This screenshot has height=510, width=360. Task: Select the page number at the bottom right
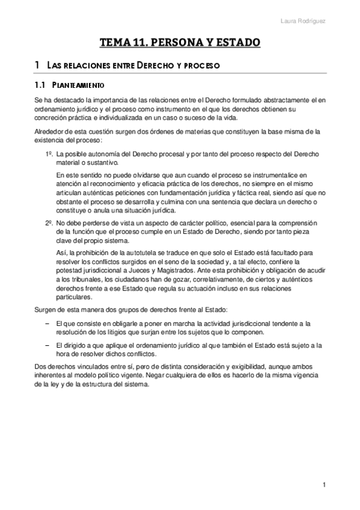coord(323,485)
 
